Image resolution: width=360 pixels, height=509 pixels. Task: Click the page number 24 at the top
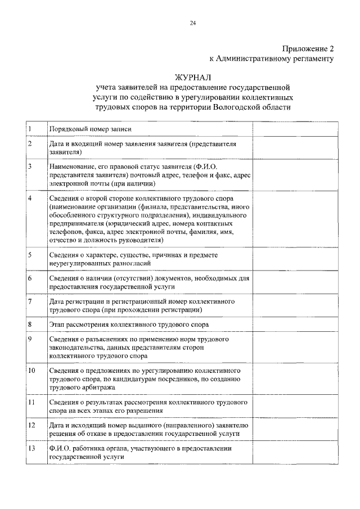click(192, 23)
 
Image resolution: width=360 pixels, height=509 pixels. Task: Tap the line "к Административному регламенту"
click(272, 58)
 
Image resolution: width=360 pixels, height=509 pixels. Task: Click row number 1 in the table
click(30, 129)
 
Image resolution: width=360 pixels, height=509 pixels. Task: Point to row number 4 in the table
click(30, 199)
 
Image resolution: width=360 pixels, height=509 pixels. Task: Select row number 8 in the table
click(30, 325)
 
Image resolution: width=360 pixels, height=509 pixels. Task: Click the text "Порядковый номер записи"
click(90, 129)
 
